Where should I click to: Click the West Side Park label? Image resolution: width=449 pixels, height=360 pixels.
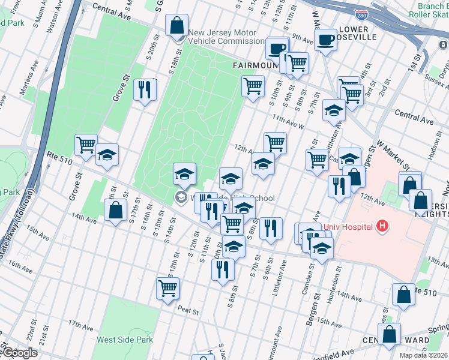click(x=125, y=340)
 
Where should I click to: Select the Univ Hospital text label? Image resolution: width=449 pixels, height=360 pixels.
click(x=348, y=227)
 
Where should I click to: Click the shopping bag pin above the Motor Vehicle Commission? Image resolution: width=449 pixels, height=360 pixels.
click(x=177, y=27)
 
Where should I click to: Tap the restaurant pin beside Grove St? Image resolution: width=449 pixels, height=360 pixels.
click(x=145, y=90)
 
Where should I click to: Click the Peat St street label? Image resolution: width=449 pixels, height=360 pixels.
click(x=188, y=310)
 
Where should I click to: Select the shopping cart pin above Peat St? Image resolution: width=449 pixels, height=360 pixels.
click(x=167, y=287)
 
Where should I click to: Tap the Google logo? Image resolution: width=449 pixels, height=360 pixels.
click(x=19, y=353)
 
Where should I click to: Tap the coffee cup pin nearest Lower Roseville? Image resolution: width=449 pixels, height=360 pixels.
click(x=325, y=40)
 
